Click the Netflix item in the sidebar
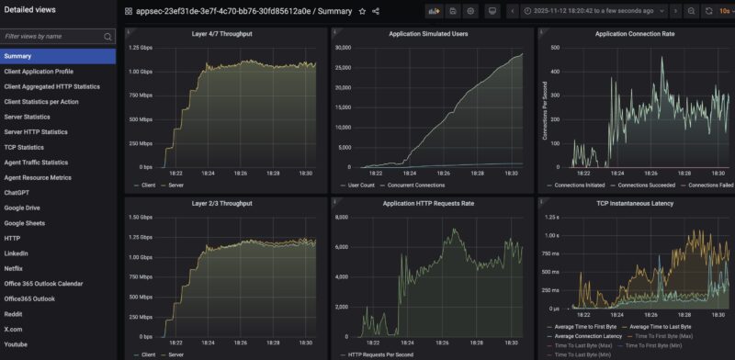[x=14, y=268]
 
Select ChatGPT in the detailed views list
[x=17, y=193]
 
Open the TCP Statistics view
[x=24, y=147]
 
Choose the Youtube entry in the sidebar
[x=17, y=343]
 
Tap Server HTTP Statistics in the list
[x=36, y=131]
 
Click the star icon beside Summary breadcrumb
[x=362, y=11]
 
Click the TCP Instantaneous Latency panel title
[x=634, y=202]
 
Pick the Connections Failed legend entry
[x=710, y=185]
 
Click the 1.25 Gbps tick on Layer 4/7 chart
[x=140, y=47]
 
